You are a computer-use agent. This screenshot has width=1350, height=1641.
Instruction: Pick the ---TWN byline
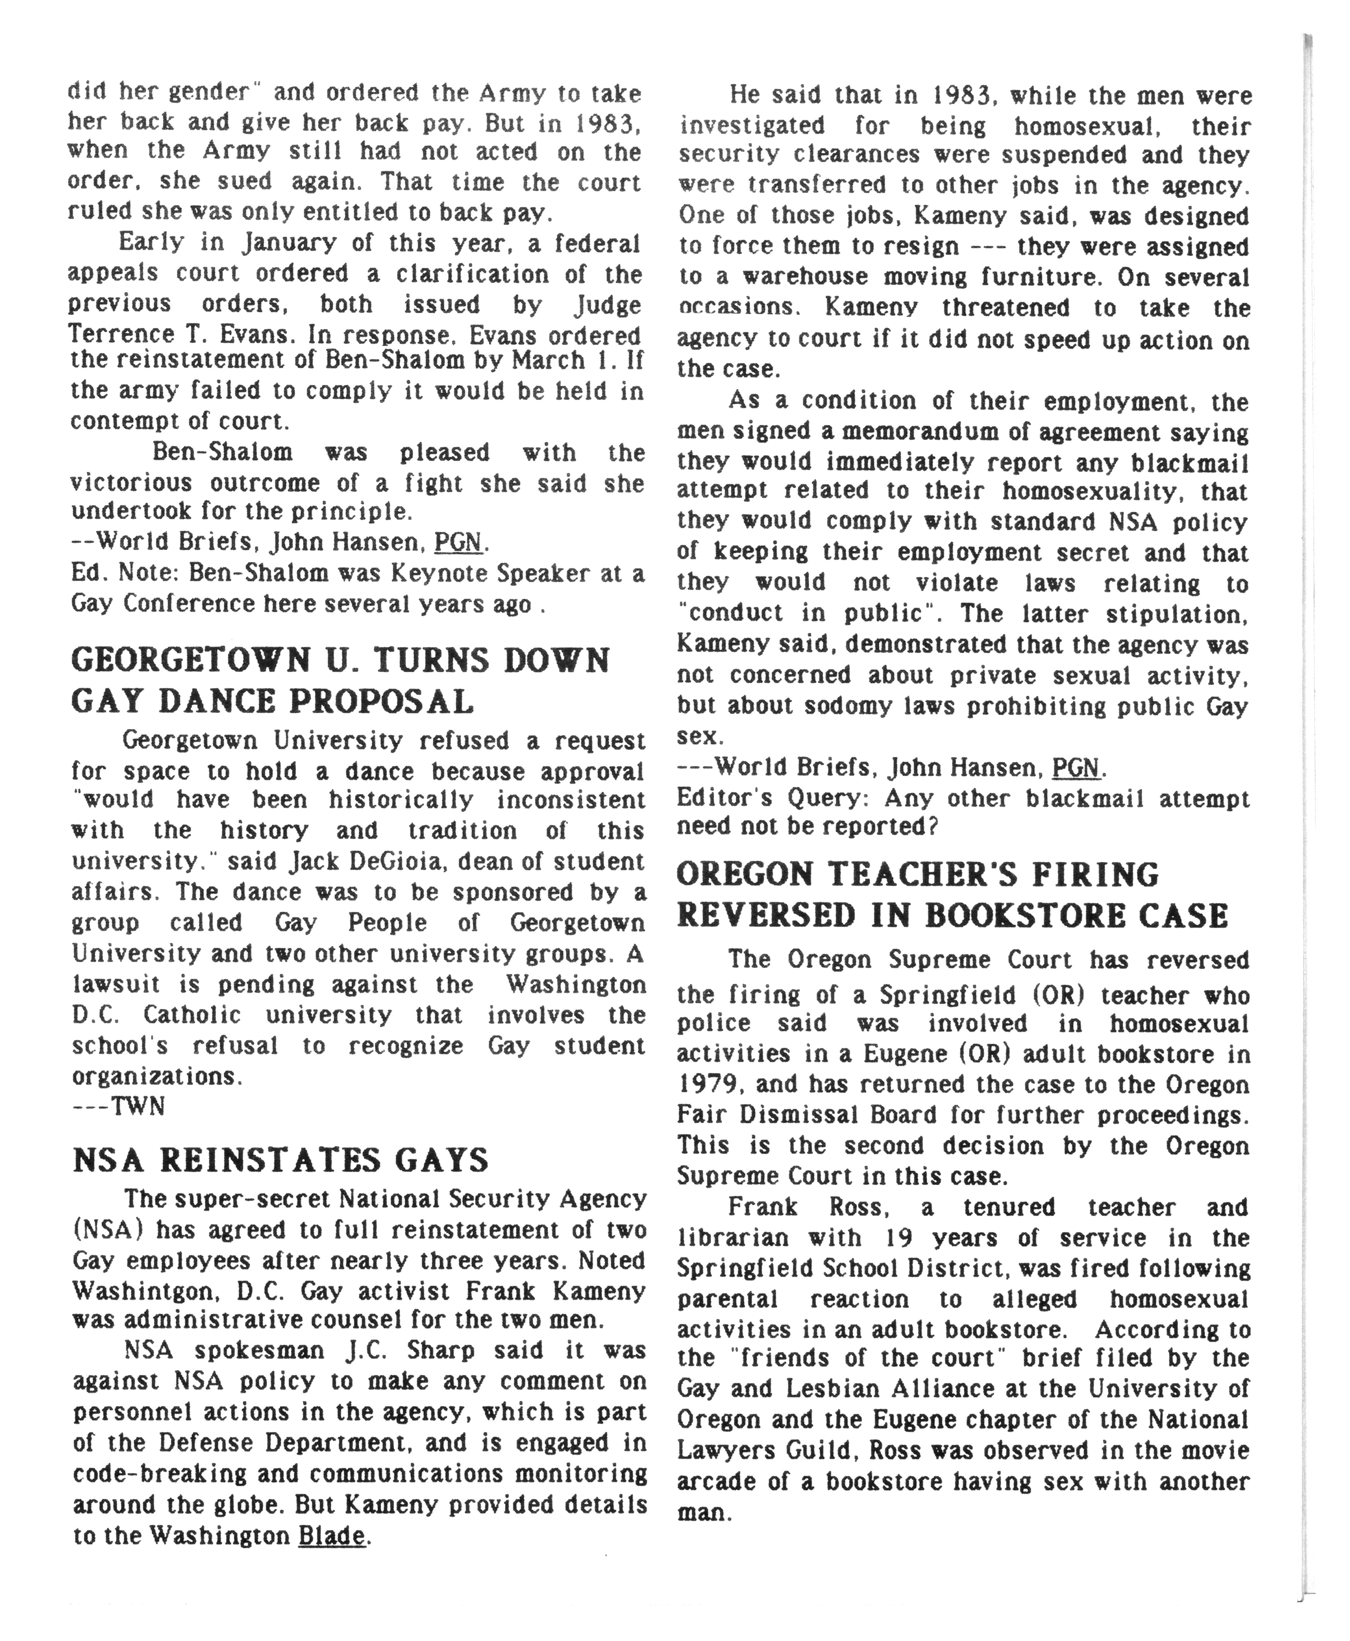(118, 1107)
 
